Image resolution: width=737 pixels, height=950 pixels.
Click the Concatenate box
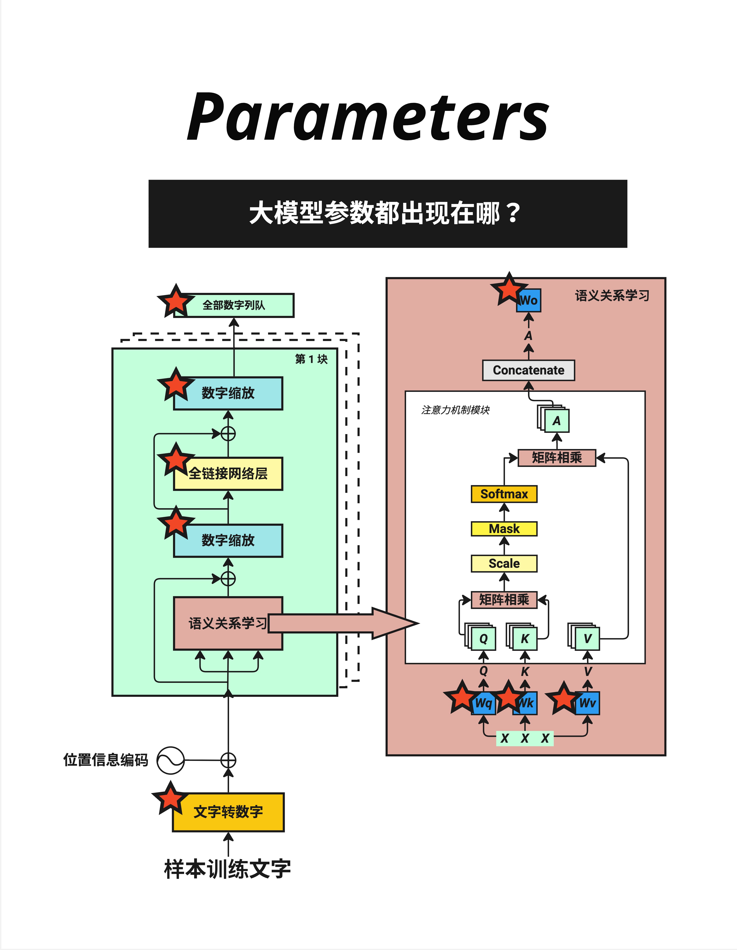(x=528, y=370)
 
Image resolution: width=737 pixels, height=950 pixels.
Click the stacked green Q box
(x=483, y=638)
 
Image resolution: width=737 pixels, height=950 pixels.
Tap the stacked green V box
(x=587, y=638)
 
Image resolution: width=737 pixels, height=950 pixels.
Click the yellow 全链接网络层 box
(x=228, y=474)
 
